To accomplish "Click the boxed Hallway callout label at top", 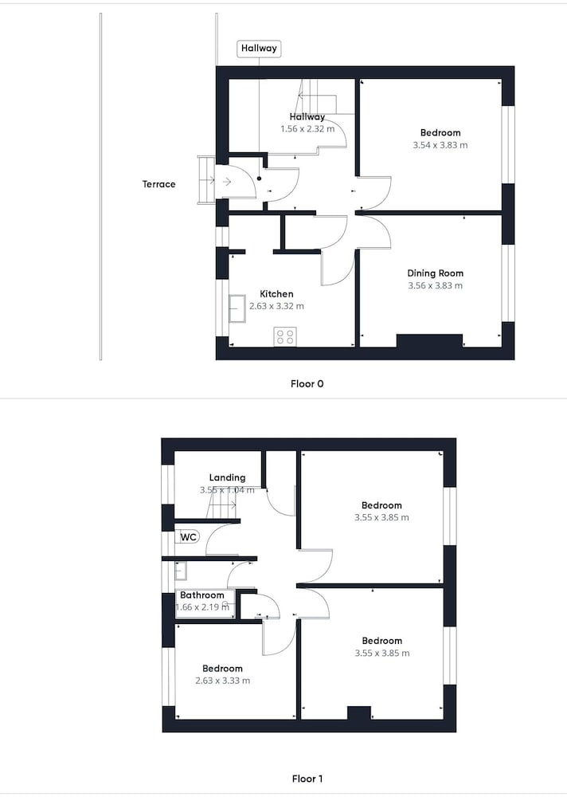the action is (x=259, y=49).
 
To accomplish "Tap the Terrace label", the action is (x=158, y=184).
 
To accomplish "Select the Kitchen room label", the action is (x=276, y=294).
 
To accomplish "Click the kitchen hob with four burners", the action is (x=285, y=336).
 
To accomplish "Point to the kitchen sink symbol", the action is (x=237, y=308).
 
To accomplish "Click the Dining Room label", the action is (x=436, y=273).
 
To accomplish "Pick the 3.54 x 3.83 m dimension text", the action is (x=440, y=145).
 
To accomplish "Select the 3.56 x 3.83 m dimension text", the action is (x=436, y=285).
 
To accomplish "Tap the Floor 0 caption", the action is (x=307, y=384).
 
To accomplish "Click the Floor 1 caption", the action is (x=307, y=779).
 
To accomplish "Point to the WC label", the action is (x=188, y=537).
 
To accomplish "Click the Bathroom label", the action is (x=202, y=595).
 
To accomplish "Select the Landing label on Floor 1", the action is (x=227, y=477).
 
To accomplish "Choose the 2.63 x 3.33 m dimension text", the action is (x=222, y=681).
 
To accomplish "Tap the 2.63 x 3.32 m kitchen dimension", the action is (x=276, y=306).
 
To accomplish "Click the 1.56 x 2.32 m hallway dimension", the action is (x=307, y=129).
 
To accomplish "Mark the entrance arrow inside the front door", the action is (x=227, y=182).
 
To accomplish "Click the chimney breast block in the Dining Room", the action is (x=429, y=341).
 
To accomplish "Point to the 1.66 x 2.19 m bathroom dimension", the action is (x=202, y=607).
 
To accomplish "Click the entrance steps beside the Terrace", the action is (x=206, y=180).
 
